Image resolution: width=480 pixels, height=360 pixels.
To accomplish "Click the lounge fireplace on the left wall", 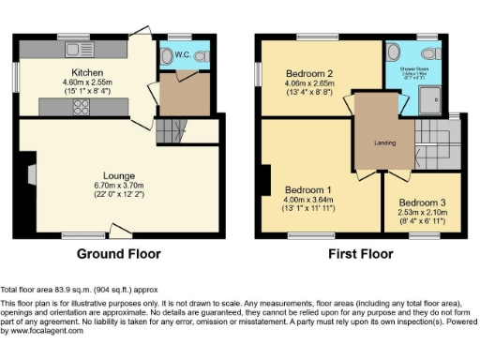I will click(x=32, y=173).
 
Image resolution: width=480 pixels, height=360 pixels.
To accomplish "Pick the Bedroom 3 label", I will click(x=422, y=202).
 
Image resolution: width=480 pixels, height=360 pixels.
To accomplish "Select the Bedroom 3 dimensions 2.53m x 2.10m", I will click(x=422, y=213).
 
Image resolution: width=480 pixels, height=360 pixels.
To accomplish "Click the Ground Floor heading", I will click(x=118, y=254).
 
